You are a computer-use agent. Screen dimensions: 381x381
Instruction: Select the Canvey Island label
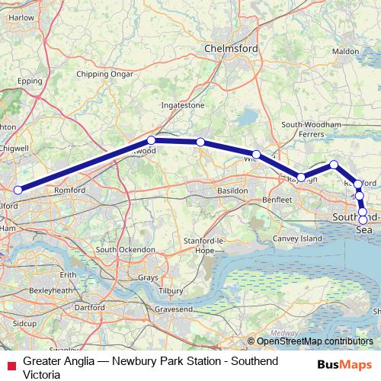click(299, 239)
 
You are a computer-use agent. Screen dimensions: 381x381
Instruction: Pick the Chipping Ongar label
click(99, 75)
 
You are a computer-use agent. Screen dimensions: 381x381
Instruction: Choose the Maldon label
click(345, 51)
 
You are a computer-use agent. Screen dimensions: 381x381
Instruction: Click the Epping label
click(29, 80)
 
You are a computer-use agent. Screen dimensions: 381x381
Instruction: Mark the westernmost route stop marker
click(18, 190)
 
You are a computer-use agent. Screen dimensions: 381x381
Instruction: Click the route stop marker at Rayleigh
click(301, 178)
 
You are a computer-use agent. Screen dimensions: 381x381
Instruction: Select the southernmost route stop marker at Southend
click(363, 220)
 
